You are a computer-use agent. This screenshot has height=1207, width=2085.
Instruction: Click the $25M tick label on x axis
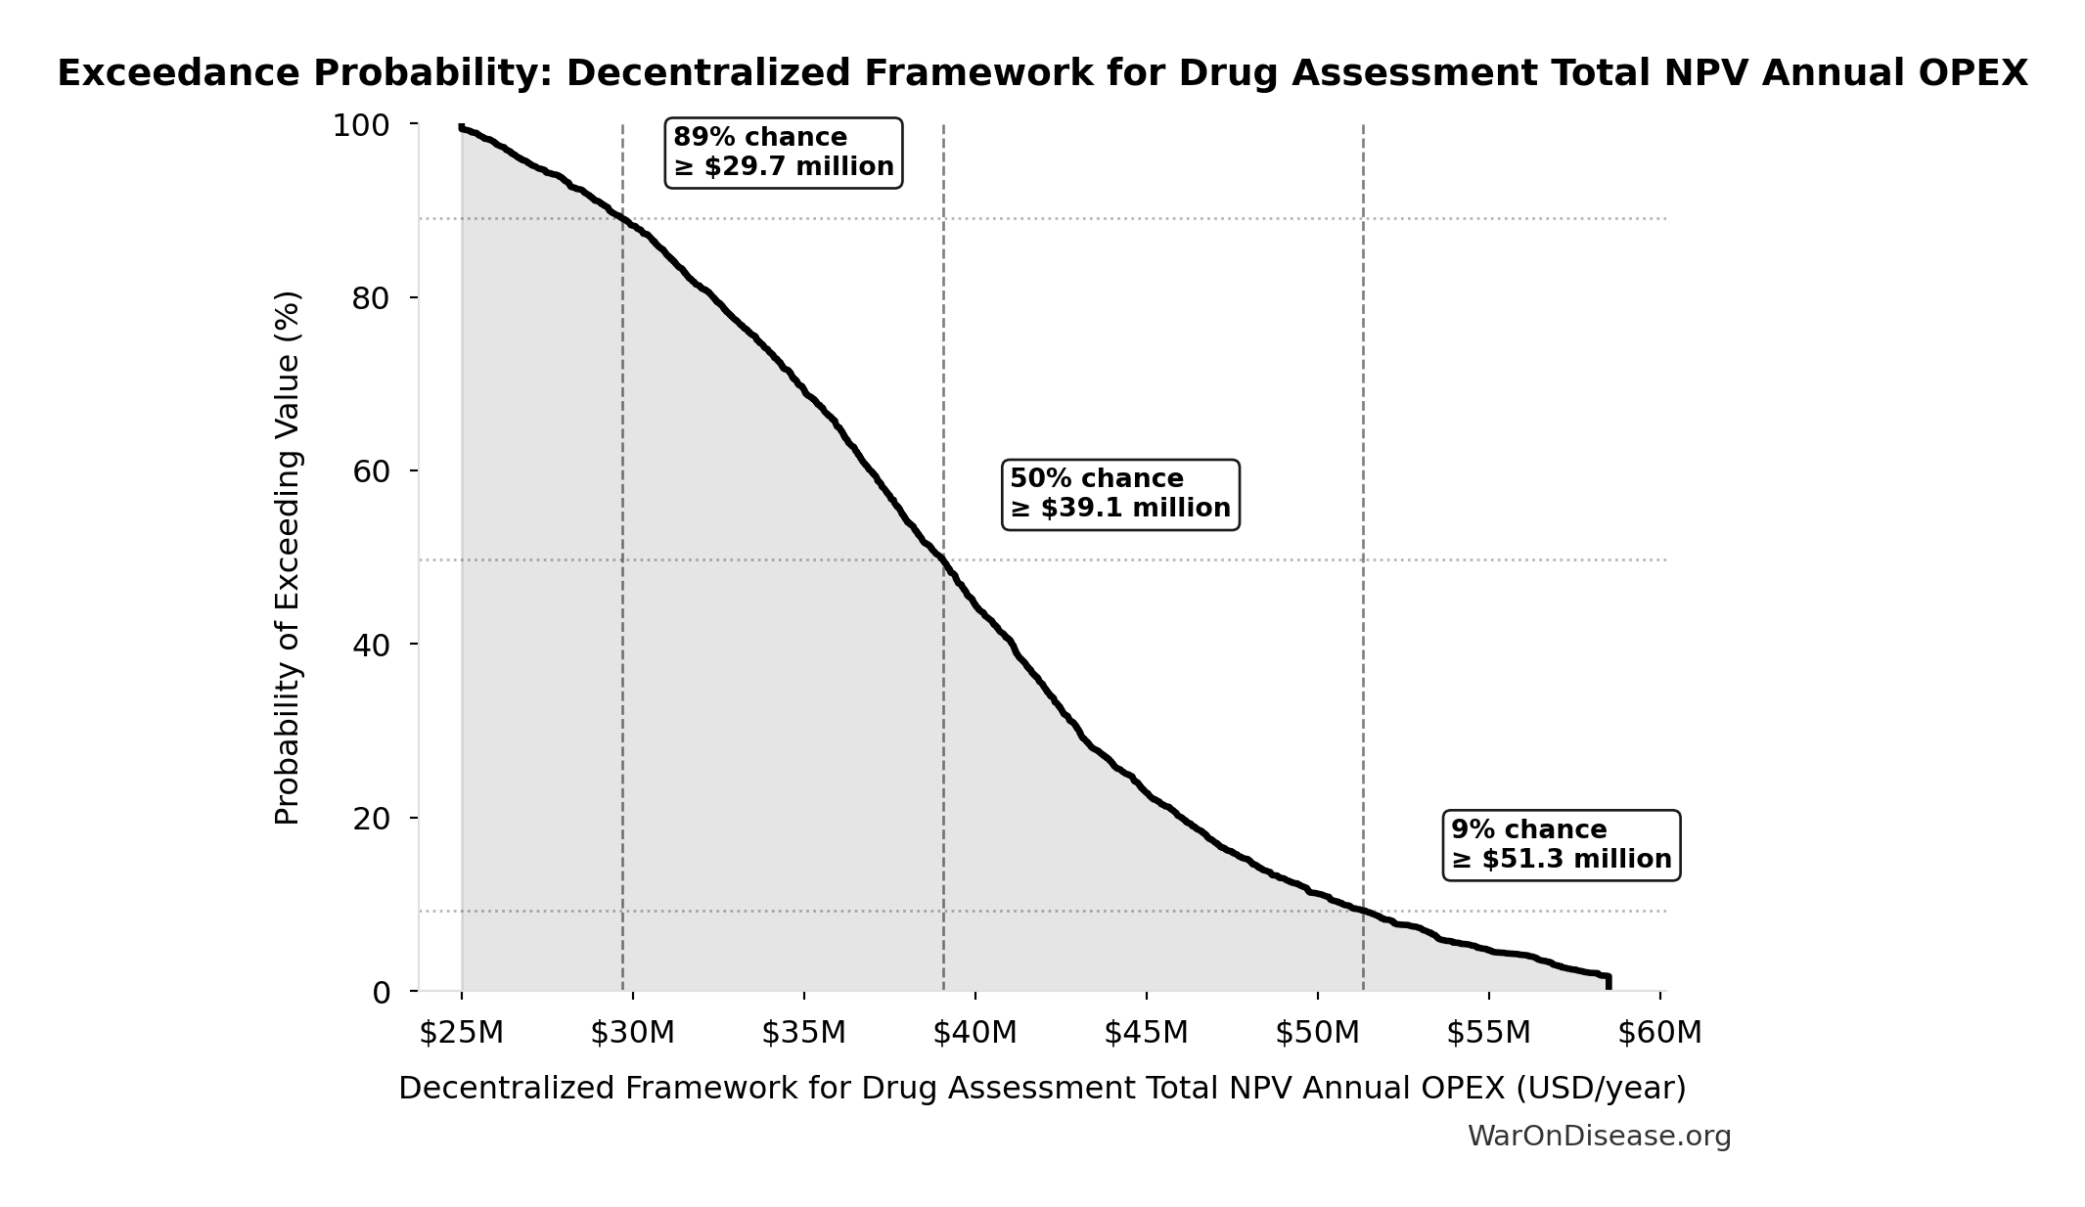tap(461, 1033)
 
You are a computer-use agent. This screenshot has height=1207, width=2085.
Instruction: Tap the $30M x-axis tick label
tap(632, 1033)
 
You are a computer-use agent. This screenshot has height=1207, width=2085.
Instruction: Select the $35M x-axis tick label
tap(803, 1033)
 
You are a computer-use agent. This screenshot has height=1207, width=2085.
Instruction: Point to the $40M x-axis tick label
tap(975, 1033)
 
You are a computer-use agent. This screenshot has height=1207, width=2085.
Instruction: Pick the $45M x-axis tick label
tap(1146, 1033)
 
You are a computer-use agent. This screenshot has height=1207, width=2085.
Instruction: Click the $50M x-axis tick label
tap(1317, 1033)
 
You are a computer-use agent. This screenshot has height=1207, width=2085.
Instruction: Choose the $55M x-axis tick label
tap(1488, 1033)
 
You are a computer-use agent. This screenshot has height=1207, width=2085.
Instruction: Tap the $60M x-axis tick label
tap(1659, 1033)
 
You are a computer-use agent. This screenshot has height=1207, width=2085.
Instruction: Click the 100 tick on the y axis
tap(361, 125)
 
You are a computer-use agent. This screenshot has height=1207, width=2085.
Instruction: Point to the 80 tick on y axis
tap(371, 298)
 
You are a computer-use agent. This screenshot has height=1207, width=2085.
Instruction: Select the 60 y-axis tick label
tap(371, 471)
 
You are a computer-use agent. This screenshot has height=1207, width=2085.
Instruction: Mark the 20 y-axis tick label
tap(371, 819)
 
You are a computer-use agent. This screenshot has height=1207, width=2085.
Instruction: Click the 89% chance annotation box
tap(783, 153)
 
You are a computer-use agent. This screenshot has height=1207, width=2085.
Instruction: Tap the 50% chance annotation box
tap(1120, 494)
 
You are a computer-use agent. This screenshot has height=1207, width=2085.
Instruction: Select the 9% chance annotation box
tap(1561, 845)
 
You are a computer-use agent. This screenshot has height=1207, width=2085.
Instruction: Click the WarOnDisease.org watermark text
tap(1599, 1137)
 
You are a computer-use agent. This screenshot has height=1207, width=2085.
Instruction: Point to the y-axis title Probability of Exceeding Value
tap(288, 558)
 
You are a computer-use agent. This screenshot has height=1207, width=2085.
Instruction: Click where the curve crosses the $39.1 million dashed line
tap(943, 559)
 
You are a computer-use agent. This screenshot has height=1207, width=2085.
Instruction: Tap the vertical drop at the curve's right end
tap(1609, 982)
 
